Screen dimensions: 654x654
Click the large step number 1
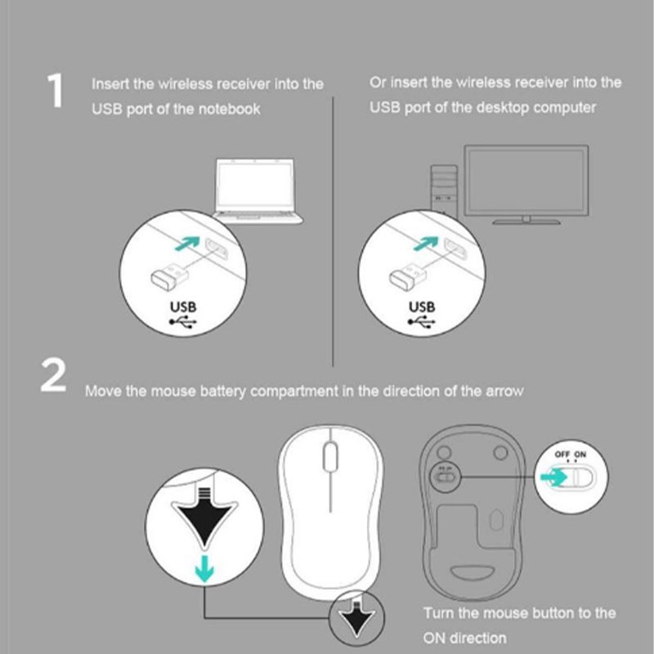point(56,91)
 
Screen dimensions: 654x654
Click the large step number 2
point(53,375)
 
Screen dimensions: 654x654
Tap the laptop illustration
point(257,190)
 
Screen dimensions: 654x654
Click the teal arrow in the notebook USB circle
point(187,244)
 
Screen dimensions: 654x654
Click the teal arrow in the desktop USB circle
point(426,244)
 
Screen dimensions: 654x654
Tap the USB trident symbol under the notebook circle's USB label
point(182,321)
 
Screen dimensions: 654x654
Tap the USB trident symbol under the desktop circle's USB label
point(421,321)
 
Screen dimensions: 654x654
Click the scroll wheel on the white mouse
point(330,456)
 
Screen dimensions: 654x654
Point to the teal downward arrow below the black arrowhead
point(204,568)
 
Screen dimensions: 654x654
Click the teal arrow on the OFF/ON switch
point(553,477)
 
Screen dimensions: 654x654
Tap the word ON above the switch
point(580,455)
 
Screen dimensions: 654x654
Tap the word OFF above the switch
point(562,455)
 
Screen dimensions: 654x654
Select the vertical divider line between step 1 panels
point(333,231)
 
